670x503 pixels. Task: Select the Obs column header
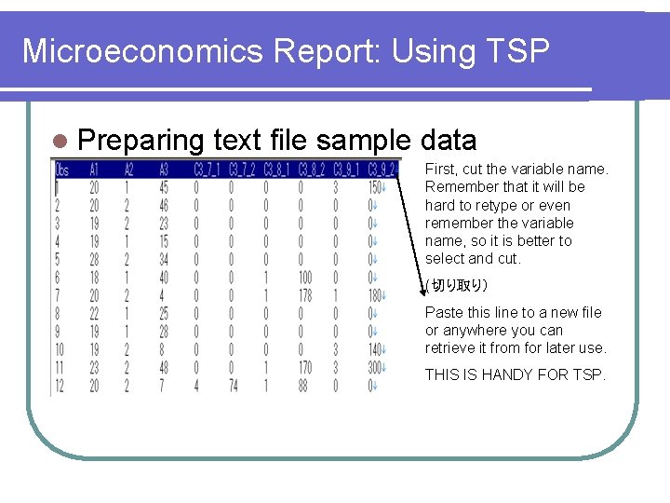pyautogui.click(x=62, y=170)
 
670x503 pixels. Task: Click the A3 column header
pyautogui.click(x=164, y=170)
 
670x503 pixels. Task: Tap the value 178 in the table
pyautogui.click(x=304, y=295)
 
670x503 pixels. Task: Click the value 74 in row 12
pyautogui.click(x=233, y=386)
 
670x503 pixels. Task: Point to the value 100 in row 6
pyautogui.click(x=304, y=278)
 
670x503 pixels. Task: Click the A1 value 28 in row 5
pyautogui.click(x=94, y=259)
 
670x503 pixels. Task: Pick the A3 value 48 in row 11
pyautogui.click(x=164, y=368)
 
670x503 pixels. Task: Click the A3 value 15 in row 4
pyautogui.click(x=164, y=241)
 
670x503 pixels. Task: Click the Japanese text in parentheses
pyautogui.click(x=456, y=285)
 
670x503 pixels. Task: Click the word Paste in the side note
pyautogui.click(x=443, y=312)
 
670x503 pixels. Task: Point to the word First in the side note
pyautogui.click(x=441, y=169)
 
